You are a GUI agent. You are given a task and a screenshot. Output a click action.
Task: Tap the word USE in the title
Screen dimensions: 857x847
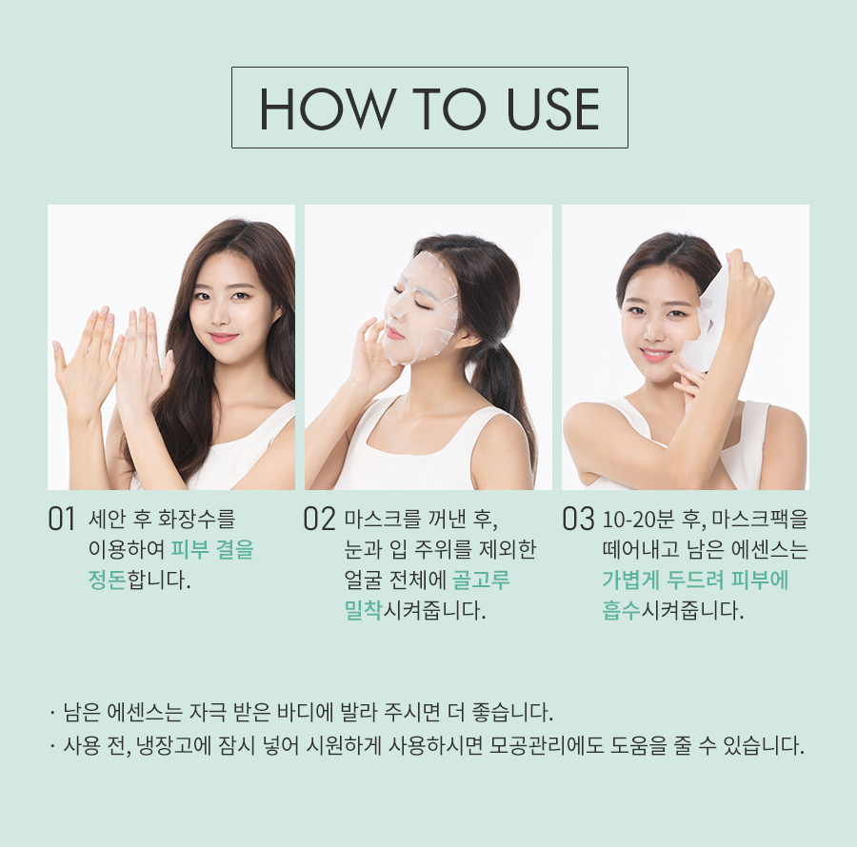click(x=552, y=108)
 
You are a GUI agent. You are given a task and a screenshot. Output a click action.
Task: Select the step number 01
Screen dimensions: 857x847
click(x=61, y=519)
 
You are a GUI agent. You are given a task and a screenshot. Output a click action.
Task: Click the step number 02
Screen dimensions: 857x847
click(x=319, y=519)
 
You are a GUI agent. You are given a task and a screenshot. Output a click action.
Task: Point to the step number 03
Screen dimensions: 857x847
click(x=578, y=519)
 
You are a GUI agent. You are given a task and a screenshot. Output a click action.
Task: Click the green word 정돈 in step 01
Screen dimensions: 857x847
click(x=107, y=580)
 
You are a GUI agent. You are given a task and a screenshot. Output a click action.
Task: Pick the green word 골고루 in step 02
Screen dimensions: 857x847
click(x=482, y=580)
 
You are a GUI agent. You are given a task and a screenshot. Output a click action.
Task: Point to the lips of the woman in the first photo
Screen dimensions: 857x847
click(x=224, y=337)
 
